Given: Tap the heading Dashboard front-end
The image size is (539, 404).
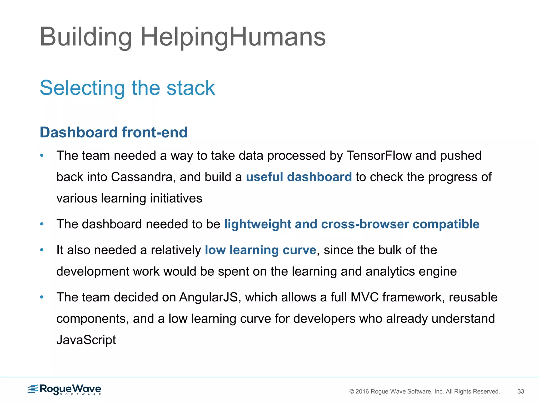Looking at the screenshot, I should coord(113,132).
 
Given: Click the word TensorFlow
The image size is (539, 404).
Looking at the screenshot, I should coord(379,155).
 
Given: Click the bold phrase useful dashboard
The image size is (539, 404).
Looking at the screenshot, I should coord(299,177).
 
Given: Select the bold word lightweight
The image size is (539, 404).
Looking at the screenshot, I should coord(257,224).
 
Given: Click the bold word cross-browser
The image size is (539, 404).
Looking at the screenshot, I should coord(365,224).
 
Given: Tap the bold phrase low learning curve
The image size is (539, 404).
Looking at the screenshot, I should coord(260,250).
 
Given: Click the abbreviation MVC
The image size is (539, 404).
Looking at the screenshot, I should coord(365,297).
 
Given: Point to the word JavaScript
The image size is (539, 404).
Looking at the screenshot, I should coord(86,340).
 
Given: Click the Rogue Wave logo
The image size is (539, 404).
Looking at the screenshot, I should coord(64,390).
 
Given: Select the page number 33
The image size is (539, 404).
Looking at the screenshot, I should coord(521,391).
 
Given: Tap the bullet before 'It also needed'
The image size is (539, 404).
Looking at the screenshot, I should coord(42,250).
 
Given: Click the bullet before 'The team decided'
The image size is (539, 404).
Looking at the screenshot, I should coord(42,297).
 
